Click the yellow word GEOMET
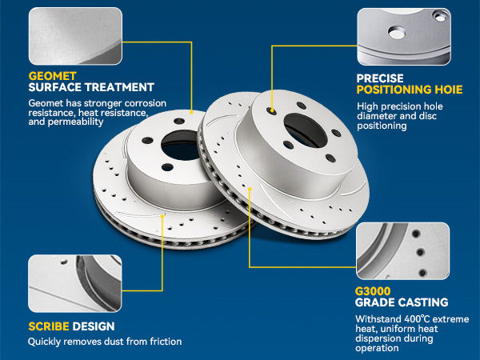pyautogui.click(x=52, y=76)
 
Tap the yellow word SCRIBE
pyautogui.click(x=49, y=326)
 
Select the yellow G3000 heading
pyautogui.click(x=373, y=291)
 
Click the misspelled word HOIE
pyautogui.click(x=449, y=90)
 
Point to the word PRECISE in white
pyautogui.click(x=380, y=78)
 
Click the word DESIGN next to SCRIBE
pyautogui.click(x=94, y=326)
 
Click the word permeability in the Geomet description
pyautogui.click(x=76, y=122)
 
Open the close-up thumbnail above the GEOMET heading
pyautogui.click(x=75, y=36)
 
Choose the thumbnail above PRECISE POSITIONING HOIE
pyautogui.click(x=404, y=37)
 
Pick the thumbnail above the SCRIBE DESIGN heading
pyautogui.click(x=75, y=283)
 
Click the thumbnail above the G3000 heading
pyautogui.click(x=403, y=250)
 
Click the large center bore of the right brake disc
pyautogui.click(x=306, y=130)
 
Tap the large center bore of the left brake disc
pyautogui.click(x=180, y=146)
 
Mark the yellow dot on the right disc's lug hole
pyautogui.click(x=272, y=110)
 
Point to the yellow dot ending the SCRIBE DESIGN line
pyautogui.click(x=162, y=216)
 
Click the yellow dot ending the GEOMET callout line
pyautogui.click(x=192, y=112)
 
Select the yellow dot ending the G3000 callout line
pyautogui.click(x=250, y=189)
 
